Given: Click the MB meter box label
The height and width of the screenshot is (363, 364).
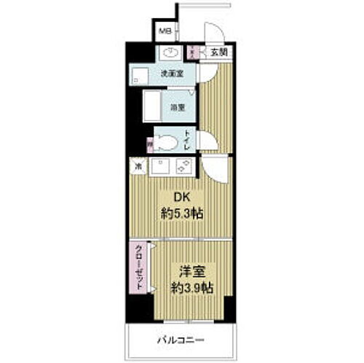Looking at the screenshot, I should [x=166, y=32].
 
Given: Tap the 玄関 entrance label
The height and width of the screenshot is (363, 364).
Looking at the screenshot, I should [x=218, y=52].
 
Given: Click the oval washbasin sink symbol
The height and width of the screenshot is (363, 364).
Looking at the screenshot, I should [x=172, y=52].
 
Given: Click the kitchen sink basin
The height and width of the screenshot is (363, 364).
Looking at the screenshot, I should [x=159, y=167].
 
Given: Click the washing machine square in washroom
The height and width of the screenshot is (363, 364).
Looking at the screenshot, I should [x=140, y=74].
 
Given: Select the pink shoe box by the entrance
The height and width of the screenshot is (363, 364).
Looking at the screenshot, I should [x=192, y=52].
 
